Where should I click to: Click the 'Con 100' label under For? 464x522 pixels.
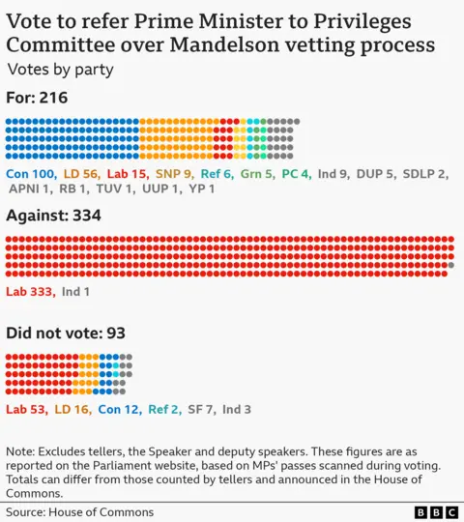point(30,173)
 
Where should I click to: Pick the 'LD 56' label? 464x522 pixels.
point(80,173)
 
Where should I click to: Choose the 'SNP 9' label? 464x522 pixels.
point(174,173)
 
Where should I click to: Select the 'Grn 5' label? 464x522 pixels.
point(257,173)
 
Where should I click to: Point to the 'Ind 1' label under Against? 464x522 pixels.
point(76,291)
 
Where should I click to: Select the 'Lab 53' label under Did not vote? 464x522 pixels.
point(26,409)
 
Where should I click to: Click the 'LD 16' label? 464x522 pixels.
point(72,409)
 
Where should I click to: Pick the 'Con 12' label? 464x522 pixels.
point(119,409)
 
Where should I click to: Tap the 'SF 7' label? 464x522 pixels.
point(198,409)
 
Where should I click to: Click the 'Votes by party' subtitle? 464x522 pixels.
point(60,69)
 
